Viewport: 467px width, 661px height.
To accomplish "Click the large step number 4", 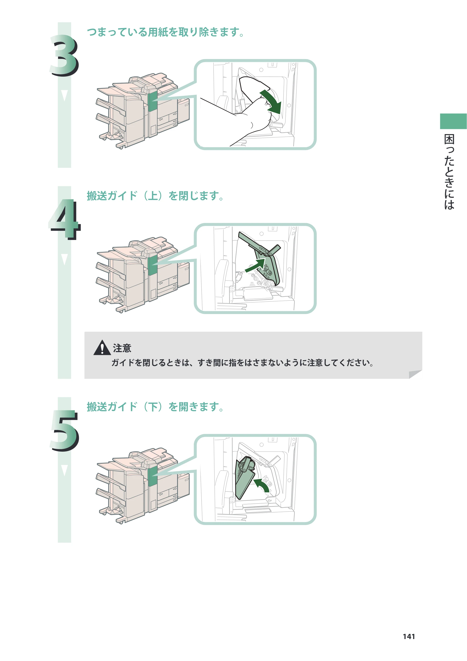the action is [x=65, y=219].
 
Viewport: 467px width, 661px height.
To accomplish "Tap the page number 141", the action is [x=409, y=636].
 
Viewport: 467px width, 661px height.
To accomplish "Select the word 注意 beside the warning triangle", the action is [x=122, y=348].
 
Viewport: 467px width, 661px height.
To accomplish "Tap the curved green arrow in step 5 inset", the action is [x=263, y=485].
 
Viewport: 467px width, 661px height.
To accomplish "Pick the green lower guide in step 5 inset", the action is [x=244, y=478].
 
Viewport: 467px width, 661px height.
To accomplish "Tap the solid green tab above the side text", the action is [x=453, y=121].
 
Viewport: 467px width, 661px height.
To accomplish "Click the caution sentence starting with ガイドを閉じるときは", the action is [x=243, y=362].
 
